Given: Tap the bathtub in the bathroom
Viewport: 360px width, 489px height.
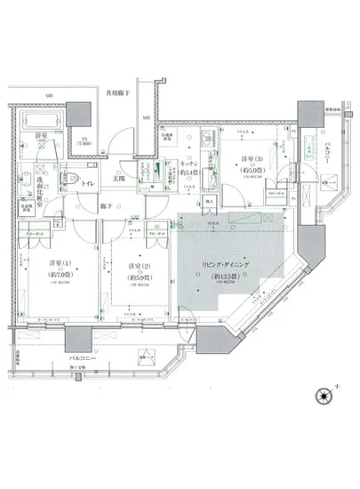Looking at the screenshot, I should pos(39,121).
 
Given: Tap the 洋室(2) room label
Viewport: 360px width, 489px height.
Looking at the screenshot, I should pos(134,266).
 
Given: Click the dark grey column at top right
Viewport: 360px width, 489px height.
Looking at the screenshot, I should pos(309,114).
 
